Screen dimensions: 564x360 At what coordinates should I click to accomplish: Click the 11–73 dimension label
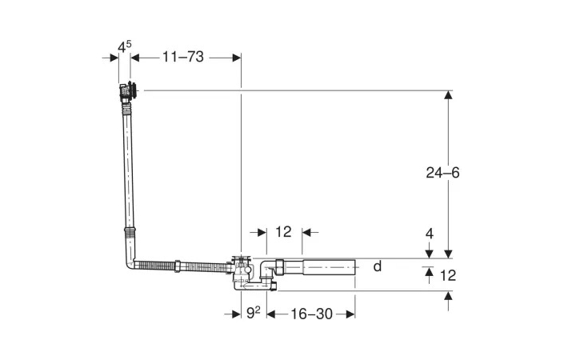(183, 57)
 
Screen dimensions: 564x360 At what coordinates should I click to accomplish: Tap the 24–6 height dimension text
(442, 173)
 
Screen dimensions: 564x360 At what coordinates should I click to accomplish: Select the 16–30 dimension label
(311, 314)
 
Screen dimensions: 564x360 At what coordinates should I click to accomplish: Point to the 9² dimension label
(254, 314)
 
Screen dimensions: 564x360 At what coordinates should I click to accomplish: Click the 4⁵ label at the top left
(125, 46)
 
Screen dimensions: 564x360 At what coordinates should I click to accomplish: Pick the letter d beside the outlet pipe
(378, 266)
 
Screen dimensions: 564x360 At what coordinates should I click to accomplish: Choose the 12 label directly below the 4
(448, 276)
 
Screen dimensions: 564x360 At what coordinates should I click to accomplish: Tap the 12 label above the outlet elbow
(283, 232)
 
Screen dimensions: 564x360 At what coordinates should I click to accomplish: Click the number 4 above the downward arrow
(430, 234)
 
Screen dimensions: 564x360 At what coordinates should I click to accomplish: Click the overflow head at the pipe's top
(128, 91)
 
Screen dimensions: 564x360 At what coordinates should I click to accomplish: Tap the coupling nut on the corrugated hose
(178, 266)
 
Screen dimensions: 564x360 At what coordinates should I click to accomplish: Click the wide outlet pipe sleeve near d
(329, 267)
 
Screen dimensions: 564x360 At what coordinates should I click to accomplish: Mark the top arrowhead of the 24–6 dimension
(448, 95)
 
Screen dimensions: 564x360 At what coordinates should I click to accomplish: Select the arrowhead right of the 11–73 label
(237, 58)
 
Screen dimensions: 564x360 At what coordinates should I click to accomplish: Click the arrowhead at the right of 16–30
(350, 314)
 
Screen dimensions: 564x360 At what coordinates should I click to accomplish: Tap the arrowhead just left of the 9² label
(237, 314)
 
